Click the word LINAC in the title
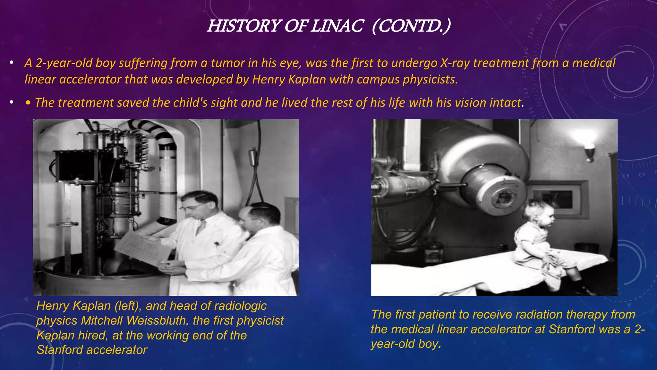click(337, 26)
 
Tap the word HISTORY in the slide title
click(244, 26)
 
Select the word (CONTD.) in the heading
click(411, 26)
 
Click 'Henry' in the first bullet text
click(269, 79)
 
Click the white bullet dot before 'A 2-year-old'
click(12, 63)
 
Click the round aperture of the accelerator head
click(504, 197)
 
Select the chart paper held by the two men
click(141, 247)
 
